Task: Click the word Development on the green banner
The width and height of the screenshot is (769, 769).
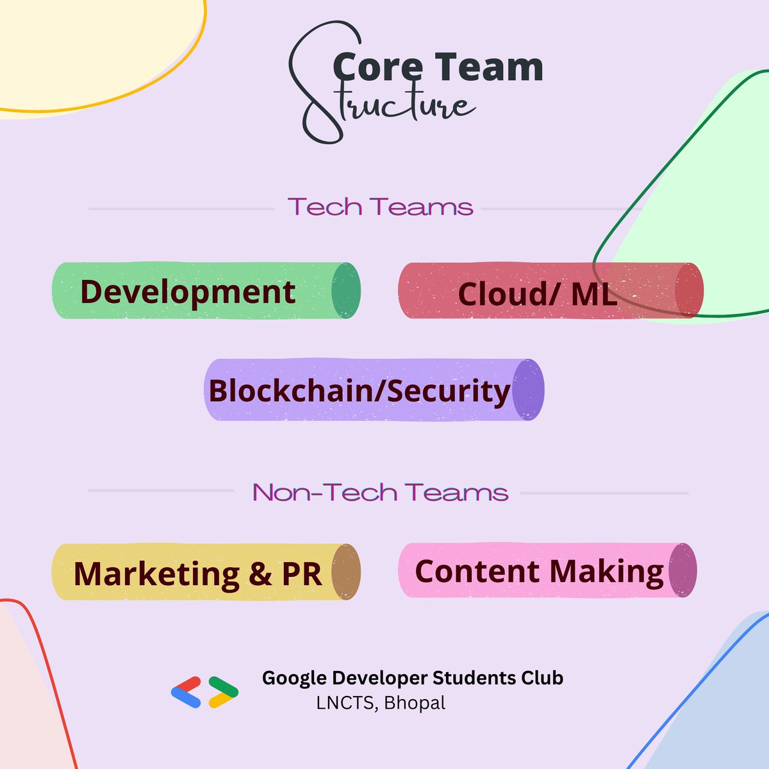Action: pyautogui.click(x=188, y=292)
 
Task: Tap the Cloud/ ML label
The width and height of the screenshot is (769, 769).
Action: pyautogui.click(x=537, y=294)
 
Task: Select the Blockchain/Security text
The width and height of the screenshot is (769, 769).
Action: pyautogui.click(x=360, y=392)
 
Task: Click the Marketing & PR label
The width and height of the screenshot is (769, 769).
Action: pyautogui.click(x=198, y=574)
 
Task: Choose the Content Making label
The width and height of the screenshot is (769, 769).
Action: pyautogui.click(x=539, y=572)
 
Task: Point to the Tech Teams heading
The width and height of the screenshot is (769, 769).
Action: pyautogui.click(x=380, y=207)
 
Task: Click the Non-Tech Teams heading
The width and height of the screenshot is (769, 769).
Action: pyautogui.click(x=380, y=492)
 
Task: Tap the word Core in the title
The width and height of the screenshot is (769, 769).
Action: pyautogui.click(x=377, y=67)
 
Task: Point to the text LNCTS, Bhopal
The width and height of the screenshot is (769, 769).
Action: pyautogui.click(x=381, y=703)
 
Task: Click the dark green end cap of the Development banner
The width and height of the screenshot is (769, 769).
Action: pyautogui.click(x=346, y=290)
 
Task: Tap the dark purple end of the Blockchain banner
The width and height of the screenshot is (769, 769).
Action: pyautogui.click(x=528, y=390)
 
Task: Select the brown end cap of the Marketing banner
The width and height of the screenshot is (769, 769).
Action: pyautogui.click(x=346, y=572)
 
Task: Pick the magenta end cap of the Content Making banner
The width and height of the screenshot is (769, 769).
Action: pyautogui.click(x=682, y=570)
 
